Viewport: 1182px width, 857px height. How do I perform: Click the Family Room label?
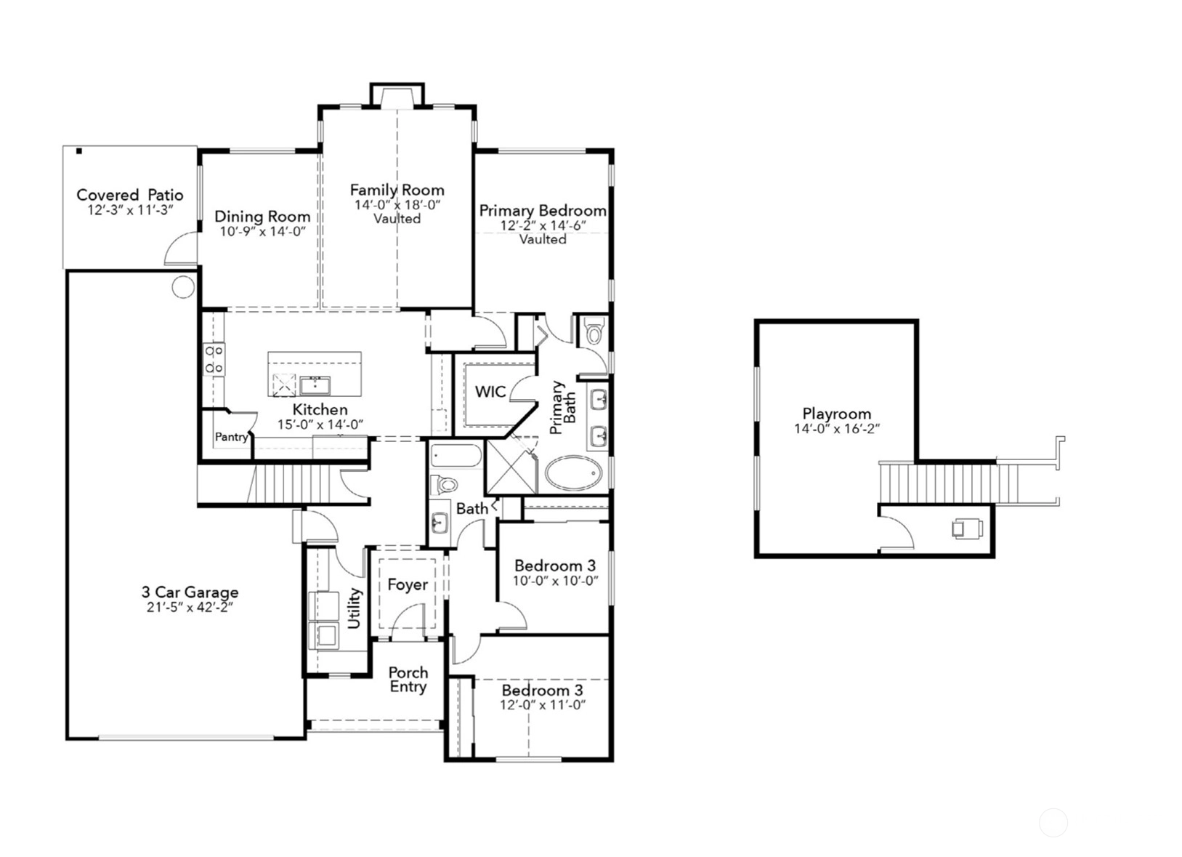(x=397, y=190)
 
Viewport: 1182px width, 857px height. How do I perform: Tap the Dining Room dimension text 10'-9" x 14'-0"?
(x=263, y=231)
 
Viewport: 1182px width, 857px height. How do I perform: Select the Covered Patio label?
(x=130, y=195)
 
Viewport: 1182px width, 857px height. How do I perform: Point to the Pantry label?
(x=231, y=437)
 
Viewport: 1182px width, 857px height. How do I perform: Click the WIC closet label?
(x=490, y=392)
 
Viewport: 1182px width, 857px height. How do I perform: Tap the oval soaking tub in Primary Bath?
(x=574, y=473)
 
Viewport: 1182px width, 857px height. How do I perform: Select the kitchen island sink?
(x=315, y=385)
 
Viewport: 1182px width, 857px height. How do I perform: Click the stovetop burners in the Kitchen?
(x=214, y=359)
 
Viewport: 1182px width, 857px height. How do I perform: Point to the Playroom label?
(x=836, y=414)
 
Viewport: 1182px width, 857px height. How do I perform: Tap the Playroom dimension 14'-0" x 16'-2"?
(x=837, y=429)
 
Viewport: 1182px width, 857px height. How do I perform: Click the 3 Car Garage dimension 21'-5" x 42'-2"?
(x=190, y=608)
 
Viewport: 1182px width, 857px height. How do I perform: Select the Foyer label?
(x=408, y=584)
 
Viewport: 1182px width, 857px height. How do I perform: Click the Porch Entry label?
(x=408, y=680)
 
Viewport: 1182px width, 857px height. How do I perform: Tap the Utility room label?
(x=354, y=608)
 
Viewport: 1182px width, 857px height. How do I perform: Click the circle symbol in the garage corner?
(x=183, y=286)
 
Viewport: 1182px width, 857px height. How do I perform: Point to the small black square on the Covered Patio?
(x=79, y=151)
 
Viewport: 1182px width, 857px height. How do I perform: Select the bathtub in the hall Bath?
(x=456, y=456)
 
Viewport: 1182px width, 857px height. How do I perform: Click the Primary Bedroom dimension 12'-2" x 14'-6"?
(x=543, y=225)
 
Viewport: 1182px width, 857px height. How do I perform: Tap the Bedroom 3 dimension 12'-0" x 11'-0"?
(x=543, y=705)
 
